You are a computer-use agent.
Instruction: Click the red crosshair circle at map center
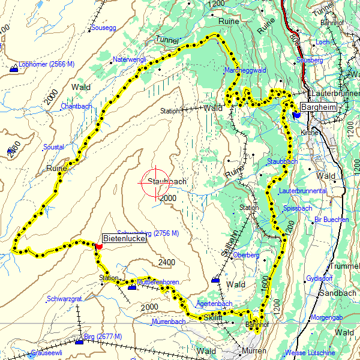pos(155,182)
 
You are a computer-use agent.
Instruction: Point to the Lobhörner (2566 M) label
pos(46,64)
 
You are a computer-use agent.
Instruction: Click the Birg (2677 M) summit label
pos(103,336)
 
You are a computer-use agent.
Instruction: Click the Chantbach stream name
pos(76,106)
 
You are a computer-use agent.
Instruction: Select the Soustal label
pos(53,146)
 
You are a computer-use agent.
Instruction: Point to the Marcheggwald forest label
pos(244,71)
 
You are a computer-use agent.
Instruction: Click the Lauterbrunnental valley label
pos(302,191)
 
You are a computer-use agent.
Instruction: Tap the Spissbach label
pos(298,208)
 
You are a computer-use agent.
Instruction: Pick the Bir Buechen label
pos(331,220)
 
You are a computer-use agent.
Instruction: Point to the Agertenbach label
pos(214,304)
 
